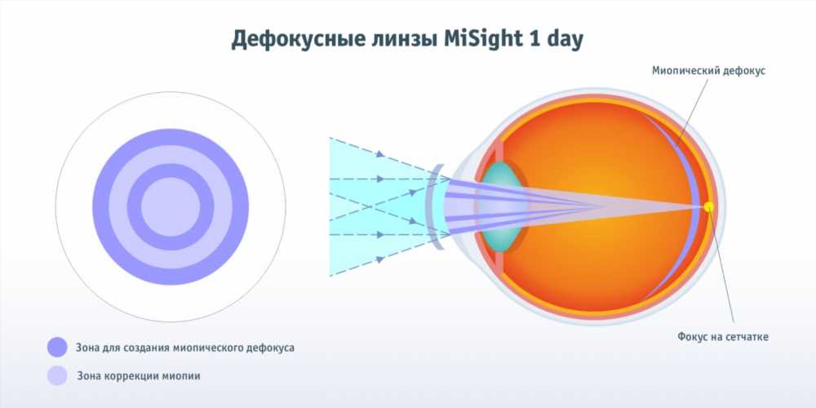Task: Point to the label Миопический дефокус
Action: coord(708,71)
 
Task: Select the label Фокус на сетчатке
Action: coord(723,337)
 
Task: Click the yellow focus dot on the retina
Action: coord(708,206)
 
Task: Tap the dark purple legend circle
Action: coord(57,347)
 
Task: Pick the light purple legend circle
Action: coord(57,375)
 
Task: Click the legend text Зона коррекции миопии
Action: coord(139,375)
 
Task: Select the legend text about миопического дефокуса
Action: coord(185,348)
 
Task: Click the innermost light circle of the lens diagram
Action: coord(171,206)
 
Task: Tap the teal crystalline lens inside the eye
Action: coord(502,206)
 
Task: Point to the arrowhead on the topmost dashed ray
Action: coord(380,153)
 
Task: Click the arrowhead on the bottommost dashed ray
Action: coord(380,259)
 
